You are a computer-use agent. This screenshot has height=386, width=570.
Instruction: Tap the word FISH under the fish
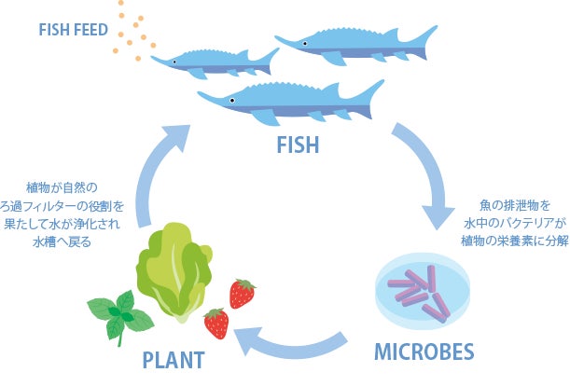point(298,145)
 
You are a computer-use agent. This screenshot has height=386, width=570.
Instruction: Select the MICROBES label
point(424,352)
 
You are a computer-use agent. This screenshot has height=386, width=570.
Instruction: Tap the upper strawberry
point(243,293)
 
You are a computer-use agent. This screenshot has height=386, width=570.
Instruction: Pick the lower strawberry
point(216,324)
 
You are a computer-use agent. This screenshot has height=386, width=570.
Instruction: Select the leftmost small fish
point(215,62)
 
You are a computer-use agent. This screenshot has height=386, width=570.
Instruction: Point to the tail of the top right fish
point(424,37)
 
